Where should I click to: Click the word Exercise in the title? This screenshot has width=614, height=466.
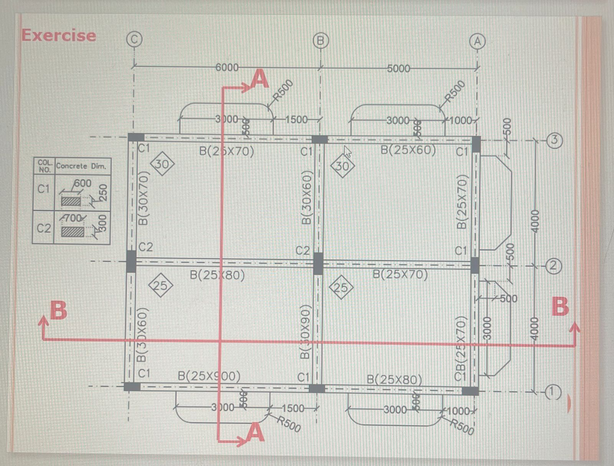(x=59, y=35)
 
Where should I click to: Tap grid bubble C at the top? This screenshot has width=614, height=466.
(x=134, y=39)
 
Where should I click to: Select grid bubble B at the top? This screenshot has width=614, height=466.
(x=321, y=40)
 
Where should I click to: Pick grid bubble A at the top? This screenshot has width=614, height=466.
(x=477, y=41)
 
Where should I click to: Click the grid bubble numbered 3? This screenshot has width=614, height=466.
(x=554, y=140)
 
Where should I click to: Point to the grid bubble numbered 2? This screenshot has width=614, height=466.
(x=553, y=266)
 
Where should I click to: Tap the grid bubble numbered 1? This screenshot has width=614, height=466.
(x=552, y=392)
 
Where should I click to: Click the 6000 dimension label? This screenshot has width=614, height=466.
(x=227, y=68)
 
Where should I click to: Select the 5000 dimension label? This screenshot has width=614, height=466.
(x=398, y=69)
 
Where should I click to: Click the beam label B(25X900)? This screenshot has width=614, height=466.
(x=209, y=376)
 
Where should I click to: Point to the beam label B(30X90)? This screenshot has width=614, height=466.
(x=305, y=332)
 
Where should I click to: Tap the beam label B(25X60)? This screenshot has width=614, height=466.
(x=408, y=150)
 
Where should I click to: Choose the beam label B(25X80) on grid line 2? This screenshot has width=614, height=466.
(x=217, y=275)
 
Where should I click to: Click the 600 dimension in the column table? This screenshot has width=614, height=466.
(x=83, y=183)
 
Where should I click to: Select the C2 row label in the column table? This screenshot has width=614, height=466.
(x=44, y=228)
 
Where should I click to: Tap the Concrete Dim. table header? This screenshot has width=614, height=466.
(x=81, y=166)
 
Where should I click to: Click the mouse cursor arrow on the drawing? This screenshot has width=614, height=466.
(x=347, y=151)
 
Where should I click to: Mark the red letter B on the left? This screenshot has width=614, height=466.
(x=59, y=310)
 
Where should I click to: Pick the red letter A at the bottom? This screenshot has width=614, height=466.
(x=255, y=433)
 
